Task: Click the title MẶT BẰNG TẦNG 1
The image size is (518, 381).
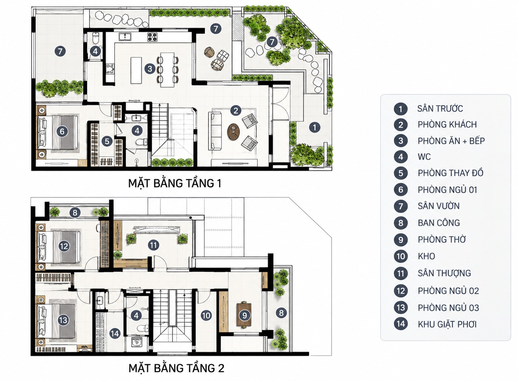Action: [x=175, y=183]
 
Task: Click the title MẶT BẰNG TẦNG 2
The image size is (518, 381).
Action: [x=176, y=368]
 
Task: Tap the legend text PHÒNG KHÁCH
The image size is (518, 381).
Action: [x=447, y=125]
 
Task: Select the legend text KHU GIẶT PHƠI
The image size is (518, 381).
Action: [x=447, y=324]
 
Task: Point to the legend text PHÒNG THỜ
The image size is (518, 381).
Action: [x=442, y=239]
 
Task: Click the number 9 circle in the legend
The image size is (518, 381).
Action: [x=401, y=240]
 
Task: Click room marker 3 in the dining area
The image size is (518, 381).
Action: [x=150, y=69]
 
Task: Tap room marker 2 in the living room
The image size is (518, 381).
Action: [x=236, y=110]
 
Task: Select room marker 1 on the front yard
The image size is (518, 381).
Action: [x=314, y=127]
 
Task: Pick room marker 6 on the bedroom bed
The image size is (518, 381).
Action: [x=62, y=132]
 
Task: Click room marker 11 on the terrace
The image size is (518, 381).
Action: [x=153, y=245]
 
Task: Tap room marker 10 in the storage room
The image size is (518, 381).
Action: [x=206, y=316]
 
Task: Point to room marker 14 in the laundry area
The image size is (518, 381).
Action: [x=115, y=334]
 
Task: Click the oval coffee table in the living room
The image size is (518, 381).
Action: [x=233, y=132]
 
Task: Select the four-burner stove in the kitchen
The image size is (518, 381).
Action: [x=152, y=37]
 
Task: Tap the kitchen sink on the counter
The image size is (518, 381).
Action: [x=125, y=37]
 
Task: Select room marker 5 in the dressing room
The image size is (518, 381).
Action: [x=107, y=141]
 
